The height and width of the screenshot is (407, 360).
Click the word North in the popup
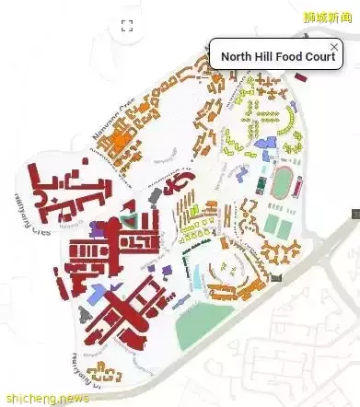(238, 56)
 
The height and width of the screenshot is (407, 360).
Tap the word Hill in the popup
(266, 56)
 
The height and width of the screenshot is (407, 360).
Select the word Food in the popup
(292, 56)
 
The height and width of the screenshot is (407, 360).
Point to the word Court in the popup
(320, 56)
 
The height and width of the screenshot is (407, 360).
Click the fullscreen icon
(128, 26)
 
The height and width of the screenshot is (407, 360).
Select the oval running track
(282, 182)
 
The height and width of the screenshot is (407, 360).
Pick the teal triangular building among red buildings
(136, 218)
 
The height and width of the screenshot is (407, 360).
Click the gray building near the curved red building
(155, 196)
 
